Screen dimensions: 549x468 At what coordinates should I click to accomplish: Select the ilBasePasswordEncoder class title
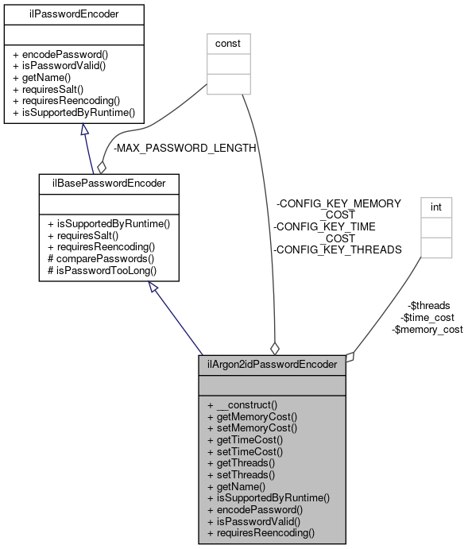coord(108,184)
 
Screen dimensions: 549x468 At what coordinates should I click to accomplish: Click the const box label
coord(228,42)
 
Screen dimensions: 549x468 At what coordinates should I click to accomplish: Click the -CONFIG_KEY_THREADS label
coord(338,249)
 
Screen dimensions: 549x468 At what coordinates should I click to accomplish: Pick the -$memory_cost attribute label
coord(427,329)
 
